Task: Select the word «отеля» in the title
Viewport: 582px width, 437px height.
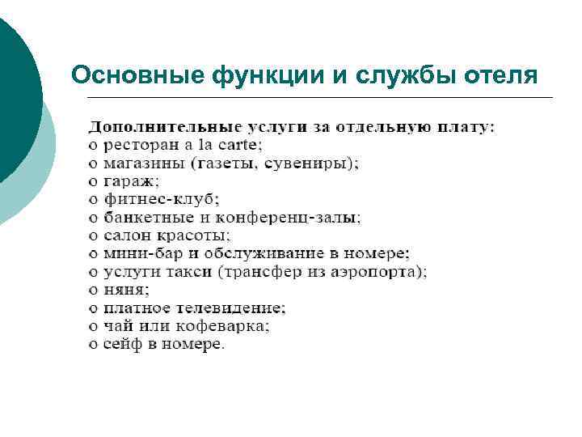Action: pos(501,75)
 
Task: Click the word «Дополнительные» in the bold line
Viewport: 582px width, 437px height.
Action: pos(164,127)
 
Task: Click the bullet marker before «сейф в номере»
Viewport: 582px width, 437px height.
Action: pos(93,345)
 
